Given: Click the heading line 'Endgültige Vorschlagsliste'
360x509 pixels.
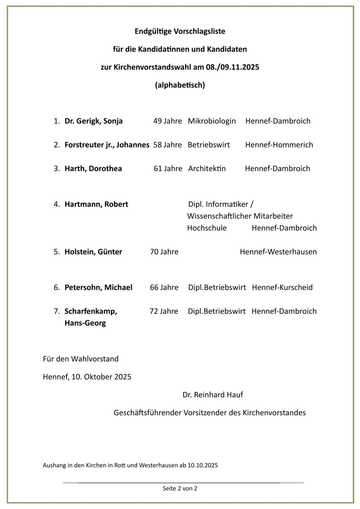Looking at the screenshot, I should click(x=180, y=31).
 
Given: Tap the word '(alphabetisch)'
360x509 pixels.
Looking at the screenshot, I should click(x=180, y=85).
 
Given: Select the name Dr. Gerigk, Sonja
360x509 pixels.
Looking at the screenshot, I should click(x=94, y=121).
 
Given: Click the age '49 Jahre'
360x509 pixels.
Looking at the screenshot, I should click(x=167, y=121).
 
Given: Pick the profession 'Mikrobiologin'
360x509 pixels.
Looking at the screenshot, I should click(x=212, y=121).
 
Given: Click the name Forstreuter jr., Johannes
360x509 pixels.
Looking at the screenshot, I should click(x=107, y=145).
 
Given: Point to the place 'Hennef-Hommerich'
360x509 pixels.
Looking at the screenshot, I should click(x=279, y=145).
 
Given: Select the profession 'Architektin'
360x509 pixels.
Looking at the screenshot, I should click(x=207, y=169).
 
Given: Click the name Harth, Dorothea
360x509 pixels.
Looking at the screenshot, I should click(x=93, y=169).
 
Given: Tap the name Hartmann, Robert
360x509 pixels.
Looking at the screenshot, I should click(x=96, y=204).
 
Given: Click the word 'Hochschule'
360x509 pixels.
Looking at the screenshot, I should click(x=207, y=228).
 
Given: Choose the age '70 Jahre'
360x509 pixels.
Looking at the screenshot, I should click(x=164, y=252).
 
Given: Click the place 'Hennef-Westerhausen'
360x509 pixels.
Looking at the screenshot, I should click(x=278, y=252).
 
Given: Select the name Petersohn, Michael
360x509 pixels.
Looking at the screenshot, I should click(x=98, y=288).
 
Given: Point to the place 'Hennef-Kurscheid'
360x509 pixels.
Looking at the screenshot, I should click(x=282, y=288).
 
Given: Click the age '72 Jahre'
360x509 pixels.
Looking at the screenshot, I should click(x=164, y=311).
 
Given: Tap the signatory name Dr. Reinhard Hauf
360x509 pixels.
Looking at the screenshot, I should click(x=213, y=395).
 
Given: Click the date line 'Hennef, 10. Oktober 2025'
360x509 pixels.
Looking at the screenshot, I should click(x=87, y=377).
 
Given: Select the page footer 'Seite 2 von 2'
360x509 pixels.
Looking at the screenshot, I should click(x=180, y=488).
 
